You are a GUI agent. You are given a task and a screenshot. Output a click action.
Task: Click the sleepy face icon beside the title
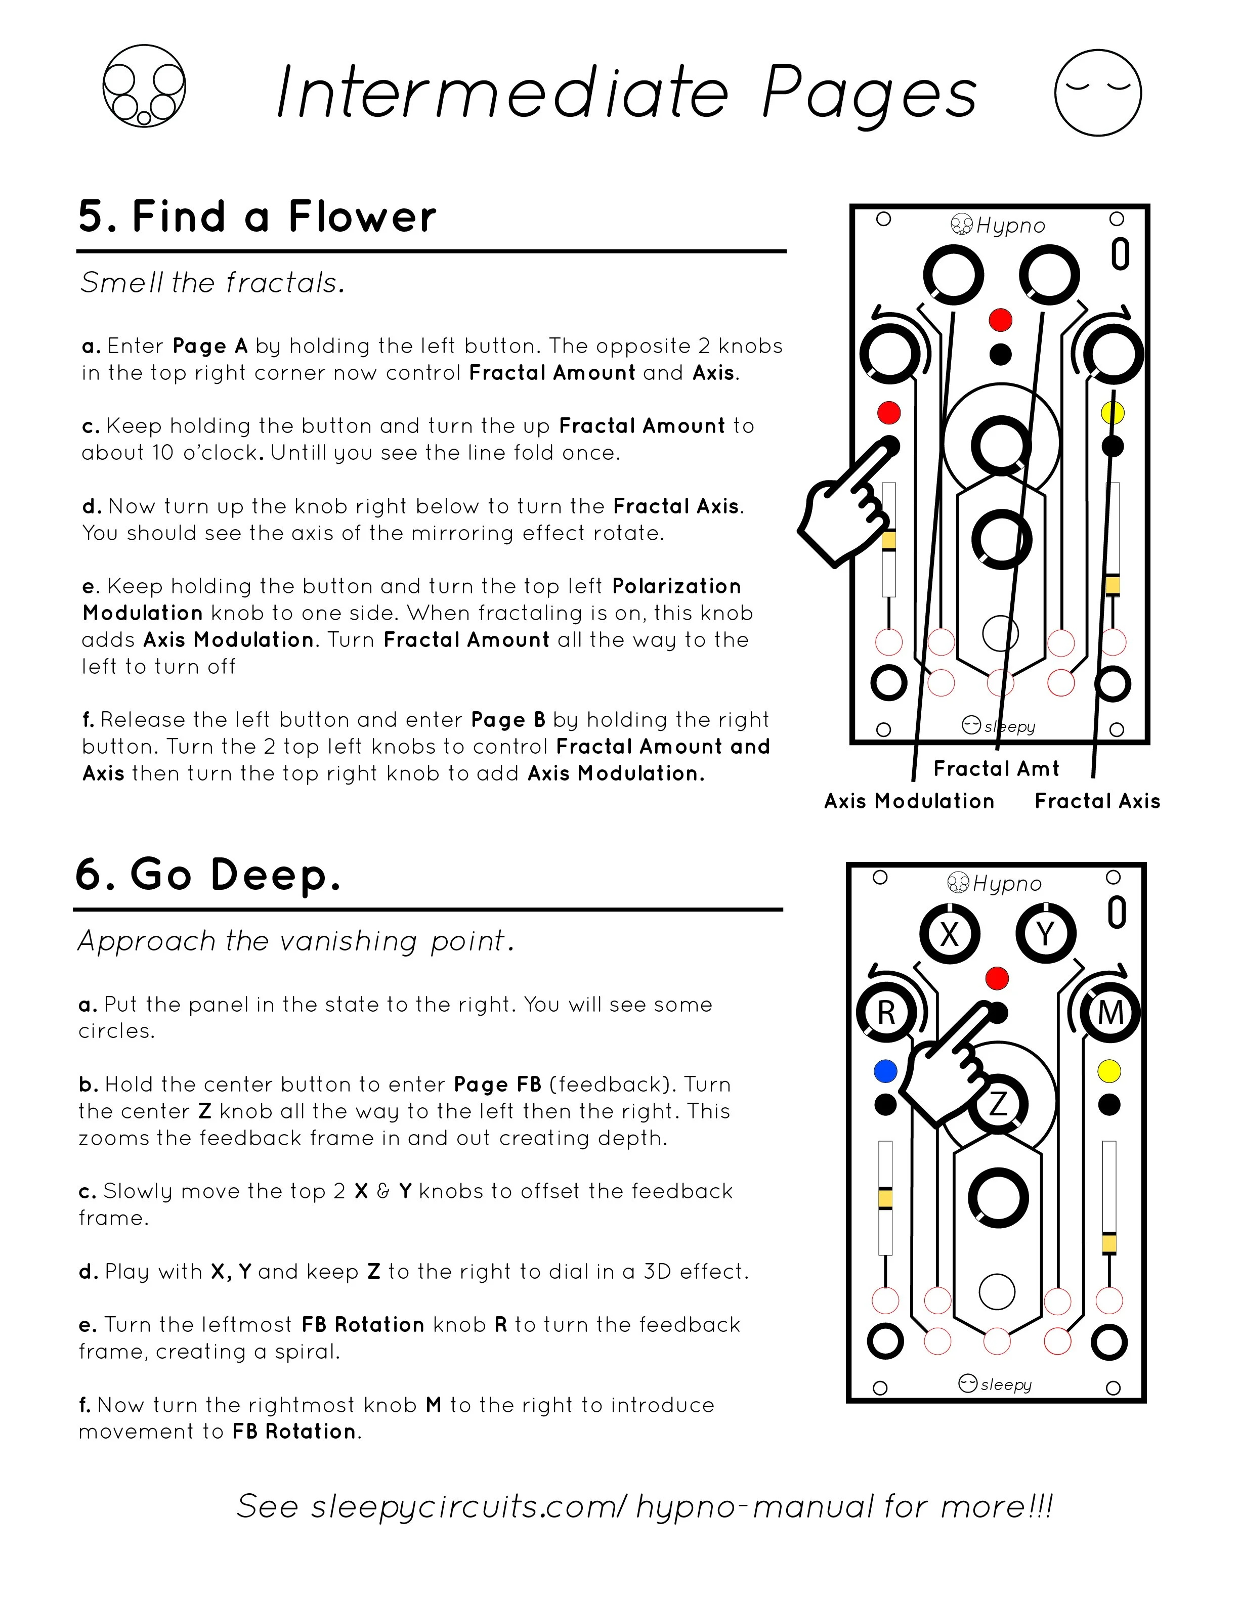tap(1097, 93)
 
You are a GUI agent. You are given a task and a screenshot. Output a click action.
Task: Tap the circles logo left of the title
tap(144, 86)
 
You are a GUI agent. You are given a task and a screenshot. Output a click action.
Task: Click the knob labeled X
tap(950, 934)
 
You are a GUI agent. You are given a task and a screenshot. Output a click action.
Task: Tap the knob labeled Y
tap(1045, 934)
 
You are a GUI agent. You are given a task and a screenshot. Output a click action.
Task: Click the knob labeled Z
tap(998, 1103)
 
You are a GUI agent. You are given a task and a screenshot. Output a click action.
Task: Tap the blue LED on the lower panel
tap(886, 1071)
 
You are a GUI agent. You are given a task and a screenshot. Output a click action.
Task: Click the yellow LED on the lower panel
tap(1109, 1071)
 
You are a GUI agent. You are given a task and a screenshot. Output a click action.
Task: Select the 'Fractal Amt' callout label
tap(996, 768)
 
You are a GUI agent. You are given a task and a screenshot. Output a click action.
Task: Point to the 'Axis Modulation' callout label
tap(909, 801)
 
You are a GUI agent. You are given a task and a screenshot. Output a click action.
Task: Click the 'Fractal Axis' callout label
tap(1097, 801)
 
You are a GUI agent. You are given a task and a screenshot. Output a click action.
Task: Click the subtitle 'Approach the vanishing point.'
tap(296, 941)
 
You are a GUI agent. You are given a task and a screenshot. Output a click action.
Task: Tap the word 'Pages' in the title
tap(870, 94)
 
